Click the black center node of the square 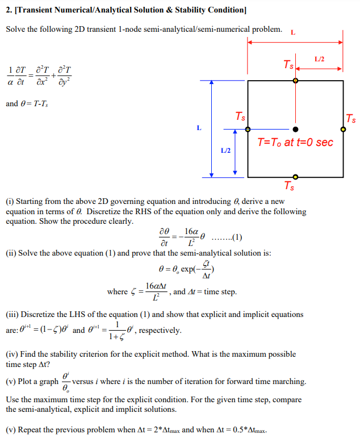[x=295, y=129]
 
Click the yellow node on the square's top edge [x=295, y=81]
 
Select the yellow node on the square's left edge [x=248, y=129]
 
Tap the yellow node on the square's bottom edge [x=295, y=177]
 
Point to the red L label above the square [x=293, y=32]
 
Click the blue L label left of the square [x=199, y=128]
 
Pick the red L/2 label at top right [x=319, y=59]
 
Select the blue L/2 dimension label [x=225, y=151]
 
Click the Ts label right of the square [x=351, y=119]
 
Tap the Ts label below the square [x=289, y=186]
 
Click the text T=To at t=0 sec [x=295, y=142]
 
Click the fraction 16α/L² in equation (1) [x=191, y=237]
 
